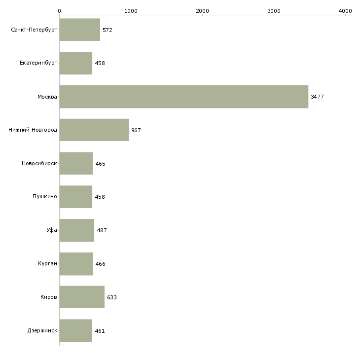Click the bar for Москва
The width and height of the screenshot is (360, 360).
click(184, 97)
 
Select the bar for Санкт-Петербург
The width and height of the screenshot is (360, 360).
click(80, 30)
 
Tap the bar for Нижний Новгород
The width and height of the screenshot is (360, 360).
click(94, 130)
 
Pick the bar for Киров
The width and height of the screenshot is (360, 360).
click(82, 297)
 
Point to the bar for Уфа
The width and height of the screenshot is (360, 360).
click(76, 230)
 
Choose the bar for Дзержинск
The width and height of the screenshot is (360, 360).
click(76, 330)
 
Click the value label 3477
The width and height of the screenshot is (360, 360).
click(317, 97)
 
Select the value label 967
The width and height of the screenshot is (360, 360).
click(136, 130)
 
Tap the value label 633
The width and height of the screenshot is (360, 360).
click(112, 297)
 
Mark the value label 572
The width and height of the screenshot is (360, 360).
click(108, 30)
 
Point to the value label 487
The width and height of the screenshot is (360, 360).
click(102, 230)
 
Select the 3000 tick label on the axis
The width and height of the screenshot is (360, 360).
click(274, 11)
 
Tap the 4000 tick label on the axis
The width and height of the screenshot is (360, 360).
click(345, 11)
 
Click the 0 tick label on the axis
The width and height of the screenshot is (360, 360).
click(60, 11)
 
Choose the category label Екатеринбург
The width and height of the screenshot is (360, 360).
click(38, 63)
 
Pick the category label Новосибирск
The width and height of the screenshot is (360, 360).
click(39, 163)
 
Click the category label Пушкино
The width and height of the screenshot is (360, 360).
click(45, 197)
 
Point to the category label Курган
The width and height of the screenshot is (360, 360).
click(47, 263)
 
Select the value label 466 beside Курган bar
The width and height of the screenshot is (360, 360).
click(100, 264)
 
